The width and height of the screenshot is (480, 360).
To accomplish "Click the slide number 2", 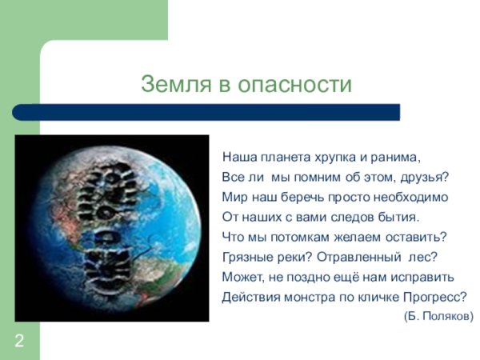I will coord(18,342).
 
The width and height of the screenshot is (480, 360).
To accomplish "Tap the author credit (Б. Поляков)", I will coord(438,316).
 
